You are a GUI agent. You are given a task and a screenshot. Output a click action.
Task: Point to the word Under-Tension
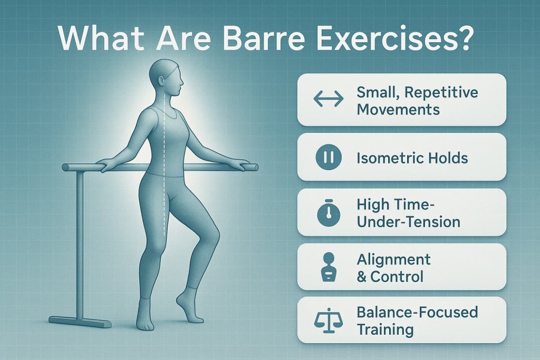tap(409, 221)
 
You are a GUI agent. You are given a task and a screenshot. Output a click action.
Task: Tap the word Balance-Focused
tap(417, 312)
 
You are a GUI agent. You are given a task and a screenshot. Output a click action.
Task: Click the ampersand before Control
tap(362, 276)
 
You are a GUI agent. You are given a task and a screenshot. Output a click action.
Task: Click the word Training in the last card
tap(384, 329)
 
